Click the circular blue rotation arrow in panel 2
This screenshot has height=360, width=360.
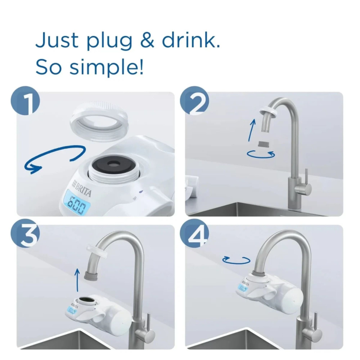tap(261, 153)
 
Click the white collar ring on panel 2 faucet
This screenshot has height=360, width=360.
tap(268, 112)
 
